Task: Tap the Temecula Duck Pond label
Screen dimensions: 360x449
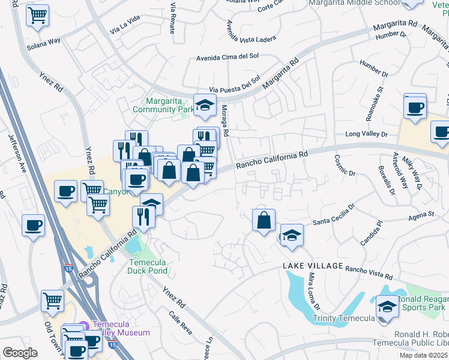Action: pos(148,266)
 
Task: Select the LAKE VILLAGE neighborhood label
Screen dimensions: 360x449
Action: pos(309,265)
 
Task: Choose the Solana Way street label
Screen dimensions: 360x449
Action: pos(44,43)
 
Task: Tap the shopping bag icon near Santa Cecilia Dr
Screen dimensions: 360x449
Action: pos(264,220)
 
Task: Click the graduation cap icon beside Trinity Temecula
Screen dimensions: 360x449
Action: pos(388,307)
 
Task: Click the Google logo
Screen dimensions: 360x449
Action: pos(20,352)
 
